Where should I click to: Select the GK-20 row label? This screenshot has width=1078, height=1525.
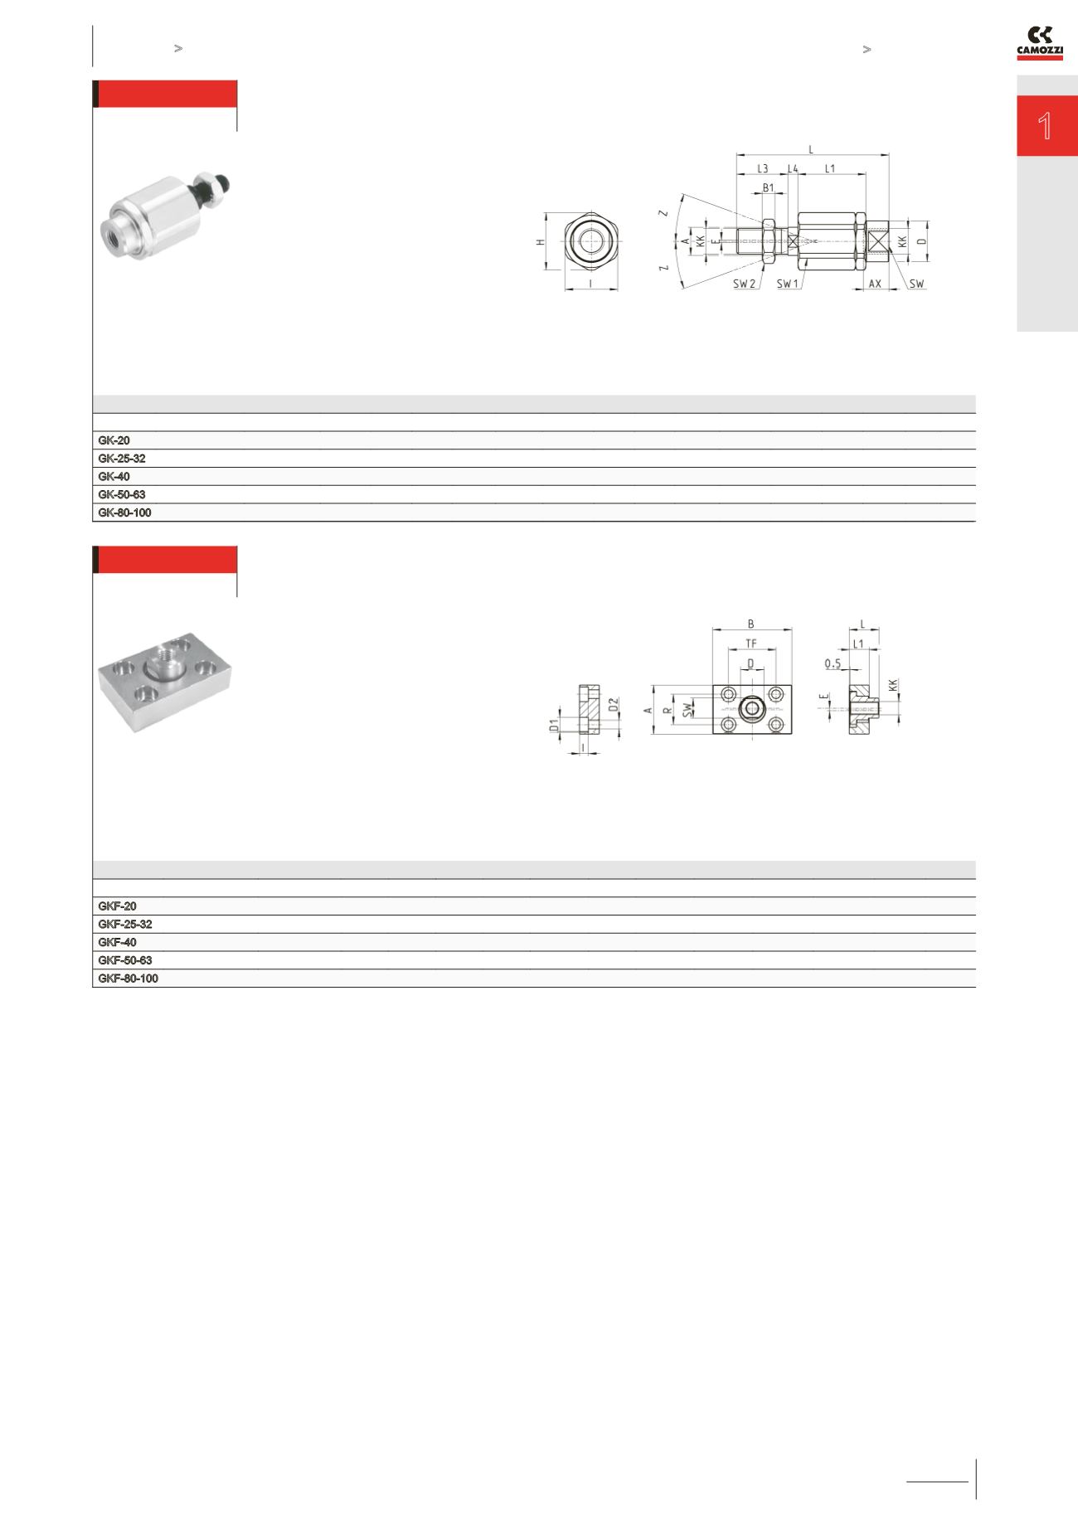pyautogui.click(x=114, y=441)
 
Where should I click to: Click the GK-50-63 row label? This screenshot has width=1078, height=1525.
pyautogui.click(x=122, y=495)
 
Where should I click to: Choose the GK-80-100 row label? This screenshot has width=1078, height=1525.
pyautogui.click(x=124, y=513)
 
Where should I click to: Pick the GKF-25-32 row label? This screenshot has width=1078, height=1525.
pyautogui.click(x=125, y=925)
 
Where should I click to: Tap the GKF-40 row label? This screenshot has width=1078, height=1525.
pyautogui.click(x=118, y=943)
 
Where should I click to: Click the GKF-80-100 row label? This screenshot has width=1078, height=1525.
pyautogui.click(x=129, y=979)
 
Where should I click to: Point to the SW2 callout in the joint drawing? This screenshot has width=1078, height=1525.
pyautogui.click(x=745, y=284)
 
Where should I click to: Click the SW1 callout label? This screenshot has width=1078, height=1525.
pyautogui.click(x=788, y=284)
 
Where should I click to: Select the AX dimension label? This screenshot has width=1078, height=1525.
pyautogui.click(x=875, y=284)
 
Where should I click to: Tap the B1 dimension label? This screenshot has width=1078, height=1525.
pyautogui.click(x=769, y=188)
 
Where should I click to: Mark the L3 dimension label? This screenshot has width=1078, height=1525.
pyautogui.click(x=762, y=169)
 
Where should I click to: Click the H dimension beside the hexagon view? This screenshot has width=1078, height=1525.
pyautogui.click(x=541, y=241)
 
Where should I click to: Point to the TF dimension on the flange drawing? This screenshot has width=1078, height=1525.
pyautogui.click(x=751, y=644)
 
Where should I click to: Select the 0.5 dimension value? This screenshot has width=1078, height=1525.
pyautogui.click(x=833, y=663)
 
